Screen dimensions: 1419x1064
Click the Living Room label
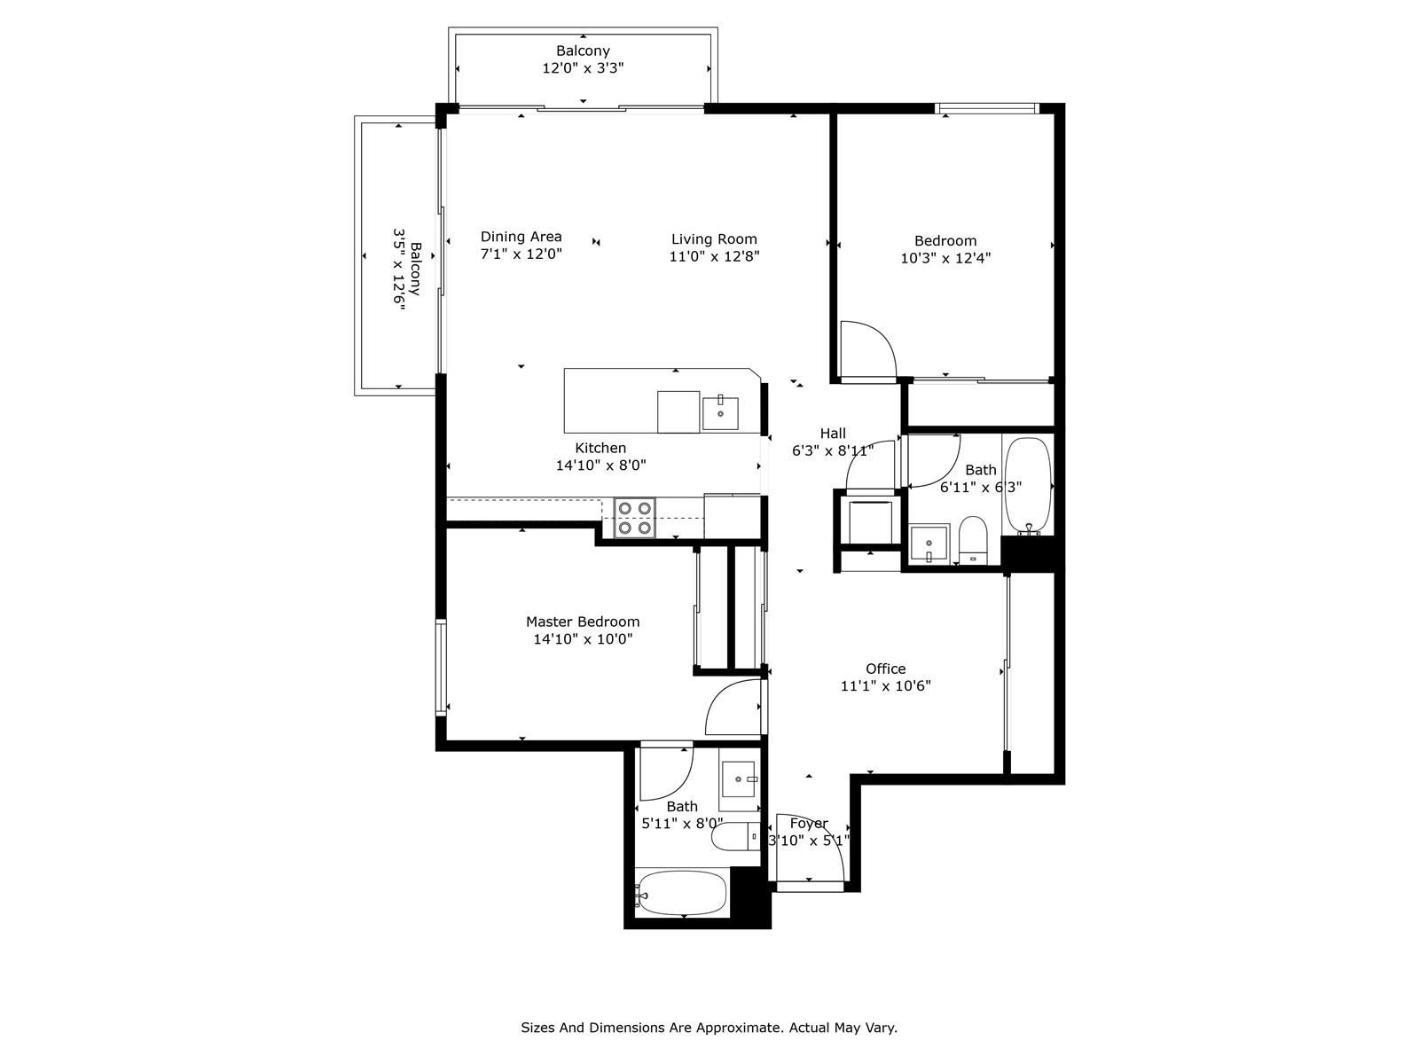pos(714,239)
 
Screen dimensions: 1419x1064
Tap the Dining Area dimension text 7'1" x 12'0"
pos(521,254)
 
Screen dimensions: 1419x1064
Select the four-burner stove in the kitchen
pos(634,518)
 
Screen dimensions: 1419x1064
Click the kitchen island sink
pos(720,413)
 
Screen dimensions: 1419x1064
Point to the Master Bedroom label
pos(583,622)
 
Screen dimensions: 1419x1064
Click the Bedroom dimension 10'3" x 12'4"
pos(945,258)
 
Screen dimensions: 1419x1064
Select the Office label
pos(886,669)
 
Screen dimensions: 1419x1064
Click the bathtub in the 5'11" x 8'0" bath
pos(682,893)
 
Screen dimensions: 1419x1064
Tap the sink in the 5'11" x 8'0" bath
pos(739,778)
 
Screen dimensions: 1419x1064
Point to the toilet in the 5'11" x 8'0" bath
pos(736,837)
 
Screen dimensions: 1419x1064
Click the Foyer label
pos(809,823)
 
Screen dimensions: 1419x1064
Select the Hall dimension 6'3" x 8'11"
pos(833,450)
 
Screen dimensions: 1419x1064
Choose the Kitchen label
pos(600,448)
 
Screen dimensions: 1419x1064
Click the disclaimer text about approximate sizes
pos(709,1028)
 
